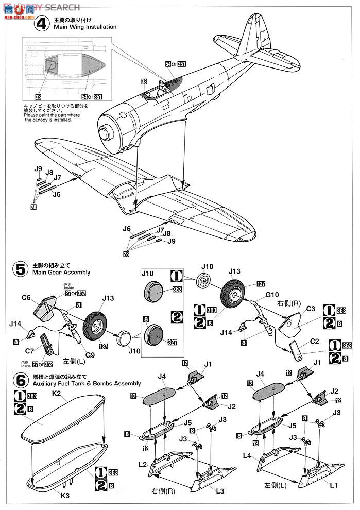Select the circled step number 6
tap(22, 380)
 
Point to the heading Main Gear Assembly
tap(61, 272)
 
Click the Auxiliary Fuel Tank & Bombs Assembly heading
tap(85, 384)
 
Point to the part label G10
tap(272, 295)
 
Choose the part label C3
tap(311, 309)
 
